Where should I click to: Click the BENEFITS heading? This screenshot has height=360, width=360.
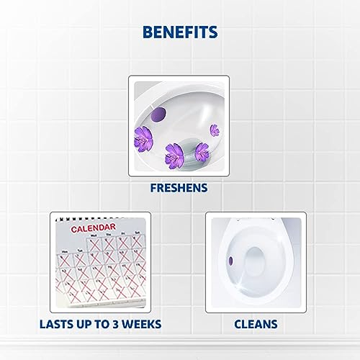click(180, 33)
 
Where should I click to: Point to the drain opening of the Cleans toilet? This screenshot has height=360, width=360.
click(257, 284)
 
